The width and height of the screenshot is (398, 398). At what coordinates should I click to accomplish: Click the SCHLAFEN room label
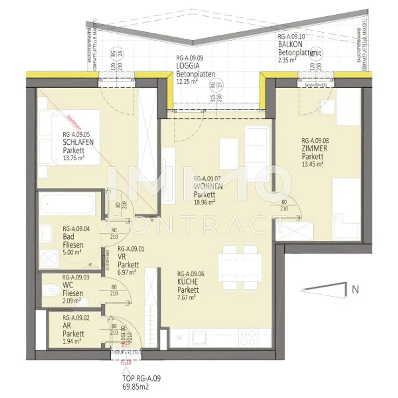(x=78, y=143)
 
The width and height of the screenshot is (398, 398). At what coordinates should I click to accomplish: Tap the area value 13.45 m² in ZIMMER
(x=313, y=164)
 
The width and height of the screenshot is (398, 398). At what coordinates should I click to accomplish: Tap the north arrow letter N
(x=354, y=289)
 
